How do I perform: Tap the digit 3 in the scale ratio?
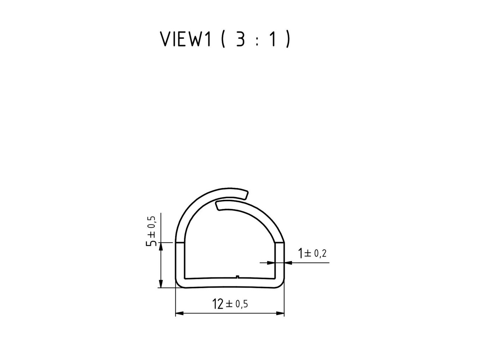[x=240, y=39]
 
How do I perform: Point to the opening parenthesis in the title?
[x=223, y=39]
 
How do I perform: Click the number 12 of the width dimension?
[x=218, y=304]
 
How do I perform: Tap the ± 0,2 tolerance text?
[x=315, y=253]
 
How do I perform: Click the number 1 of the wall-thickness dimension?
[x=300, y=253]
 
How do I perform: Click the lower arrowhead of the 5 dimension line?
[x=161, y=284]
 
